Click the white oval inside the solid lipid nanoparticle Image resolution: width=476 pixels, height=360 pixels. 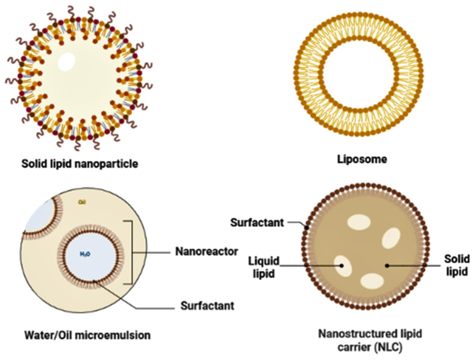[x=66, y=61]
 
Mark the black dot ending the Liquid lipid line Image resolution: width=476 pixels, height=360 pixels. [x=342, y=265]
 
